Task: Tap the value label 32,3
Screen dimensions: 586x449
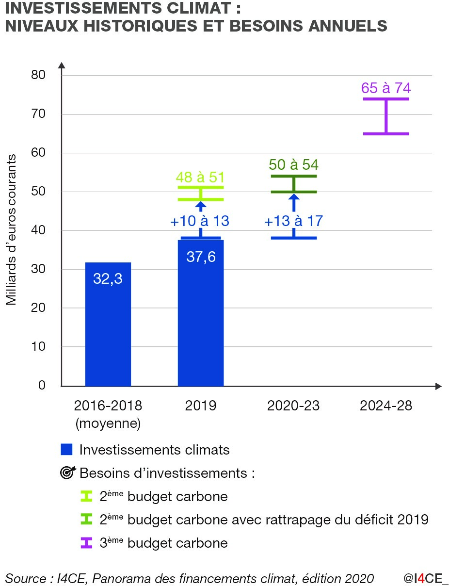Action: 108,279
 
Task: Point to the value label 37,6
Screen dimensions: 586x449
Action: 201,257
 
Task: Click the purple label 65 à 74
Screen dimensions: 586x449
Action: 386,88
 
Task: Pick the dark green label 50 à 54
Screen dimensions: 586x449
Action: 294,164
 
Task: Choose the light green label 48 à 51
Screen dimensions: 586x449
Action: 201,178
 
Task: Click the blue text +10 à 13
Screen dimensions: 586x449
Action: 199,221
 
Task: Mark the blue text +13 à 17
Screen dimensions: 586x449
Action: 293,221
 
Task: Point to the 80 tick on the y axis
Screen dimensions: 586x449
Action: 38,75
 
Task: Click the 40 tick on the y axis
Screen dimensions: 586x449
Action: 38,230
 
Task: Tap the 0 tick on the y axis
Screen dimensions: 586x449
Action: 42,386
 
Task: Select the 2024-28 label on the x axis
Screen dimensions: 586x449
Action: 386,406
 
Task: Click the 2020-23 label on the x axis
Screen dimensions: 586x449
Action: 293,406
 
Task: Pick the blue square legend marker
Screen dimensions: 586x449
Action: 66,450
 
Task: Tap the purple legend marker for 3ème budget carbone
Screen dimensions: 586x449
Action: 86,543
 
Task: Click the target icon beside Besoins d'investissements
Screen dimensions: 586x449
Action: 66,473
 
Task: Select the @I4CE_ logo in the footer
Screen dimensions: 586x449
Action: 426,578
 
